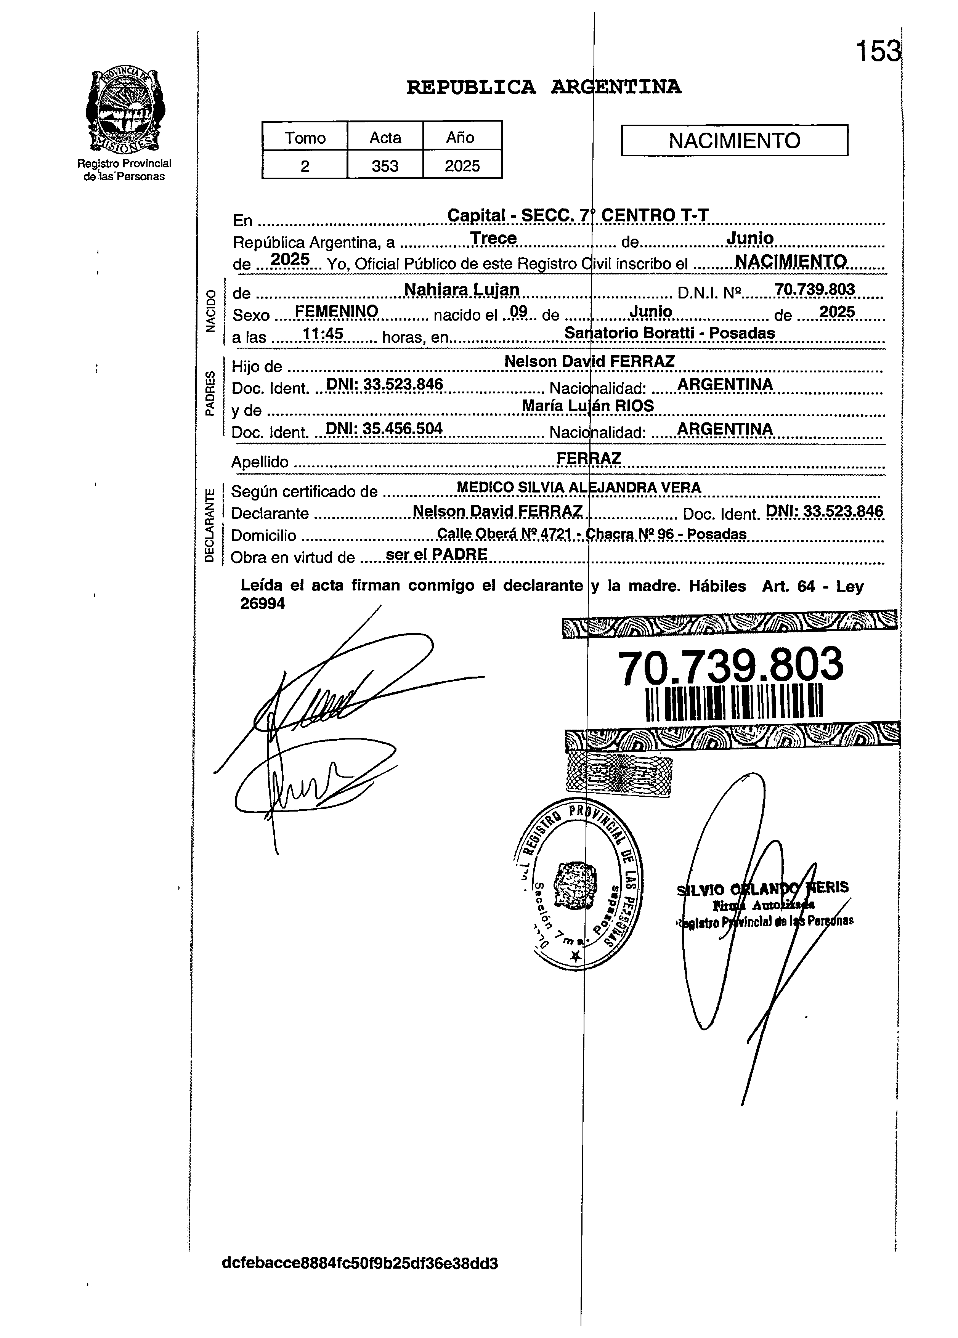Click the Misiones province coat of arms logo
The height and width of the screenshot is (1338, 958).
click(125, 110)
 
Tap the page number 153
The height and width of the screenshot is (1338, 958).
click(879, 52)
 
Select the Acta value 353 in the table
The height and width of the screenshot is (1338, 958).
click(385, 166)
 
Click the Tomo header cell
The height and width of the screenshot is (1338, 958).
click(305, 138)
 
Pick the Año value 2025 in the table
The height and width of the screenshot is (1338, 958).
click(462, 166)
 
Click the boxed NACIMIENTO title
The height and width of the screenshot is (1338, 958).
click(735, 140)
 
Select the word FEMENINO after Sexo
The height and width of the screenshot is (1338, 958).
click(336, 311)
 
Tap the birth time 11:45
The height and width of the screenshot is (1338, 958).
click(323, 334)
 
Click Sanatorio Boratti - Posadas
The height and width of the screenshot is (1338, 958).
click(669, 333)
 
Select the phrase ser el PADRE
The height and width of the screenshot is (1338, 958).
click(436, 555)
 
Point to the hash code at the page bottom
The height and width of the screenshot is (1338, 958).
click(360, 1263)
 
